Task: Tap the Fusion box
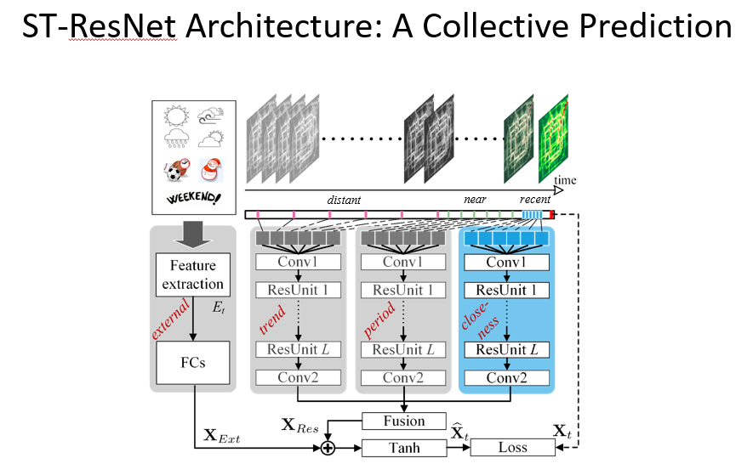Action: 404,421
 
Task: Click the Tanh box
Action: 404,447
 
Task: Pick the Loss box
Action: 512,447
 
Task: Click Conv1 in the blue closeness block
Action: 507,262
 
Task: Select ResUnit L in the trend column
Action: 298,349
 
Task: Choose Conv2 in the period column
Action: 402,378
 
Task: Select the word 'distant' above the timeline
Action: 345,201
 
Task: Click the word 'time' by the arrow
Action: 564,180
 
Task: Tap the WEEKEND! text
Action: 193,199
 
